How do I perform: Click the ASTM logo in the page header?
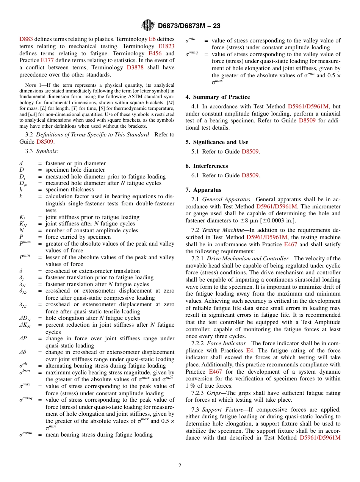148,25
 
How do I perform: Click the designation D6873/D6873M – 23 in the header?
189,26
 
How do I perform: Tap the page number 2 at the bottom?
180,466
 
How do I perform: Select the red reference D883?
26,39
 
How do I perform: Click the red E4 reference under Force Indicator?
249,351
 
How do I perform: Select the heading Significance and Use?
221,142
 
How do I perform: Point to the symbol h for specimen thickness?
21,189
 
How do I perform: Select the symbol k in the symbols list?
21,196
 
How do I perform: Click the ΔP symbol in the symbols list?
23,339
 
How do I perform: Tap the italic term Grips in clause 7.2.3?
214,393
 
